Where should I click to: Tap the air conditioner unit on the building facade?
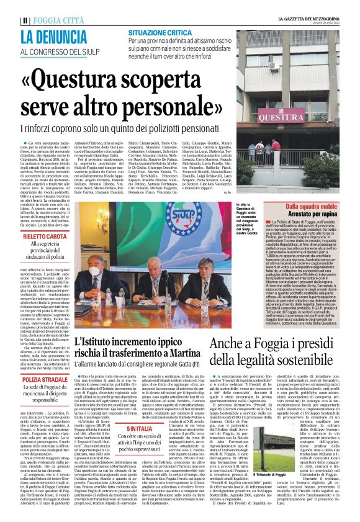(x=274, y=66)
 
